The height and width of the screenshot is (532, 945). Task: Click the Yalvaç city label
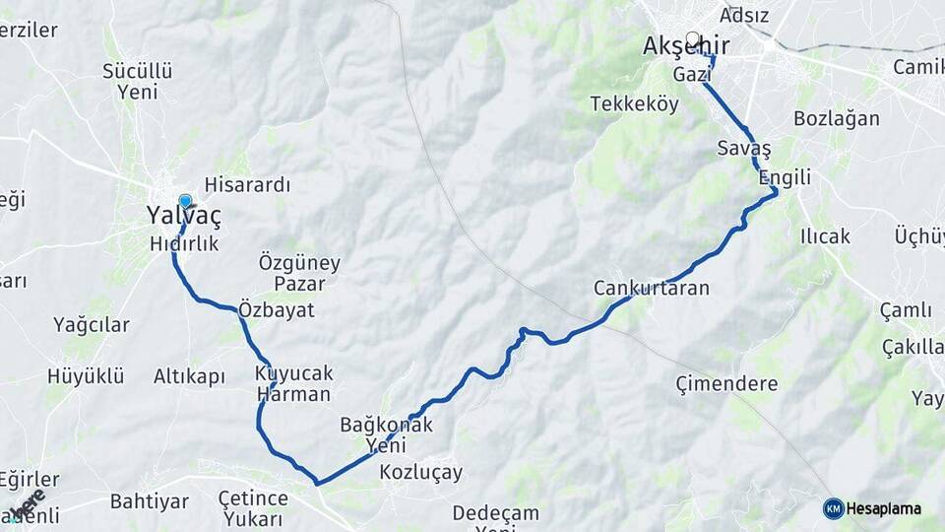point(183,215)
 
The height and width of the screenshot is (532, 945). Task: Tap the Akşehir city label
point(686,46)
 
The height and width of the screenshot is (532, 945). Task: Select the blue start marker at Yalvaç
point(185,201)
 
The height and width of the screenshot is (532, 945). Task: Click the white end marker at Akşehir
point(692,39)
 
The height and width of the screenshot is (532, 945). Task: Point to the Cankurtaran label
point(651,288)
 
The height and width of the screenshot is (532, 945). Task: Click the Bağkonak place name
point(386,425)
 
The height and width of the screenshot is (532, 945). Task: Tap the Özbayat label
point(277,309)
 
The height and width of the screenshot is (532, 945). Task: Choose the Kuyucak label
point(293,373)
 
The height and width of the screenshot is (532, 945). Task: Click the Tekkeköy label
point(634,103)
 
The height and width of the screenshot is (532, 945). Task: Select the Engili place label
point(785,177)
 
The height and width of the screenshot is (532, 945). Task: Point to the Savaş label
point(744,148)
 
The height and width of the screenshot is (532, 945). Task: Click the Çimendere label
point(726,383)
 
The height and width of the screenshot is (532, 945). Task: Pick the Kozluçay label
point(420,472)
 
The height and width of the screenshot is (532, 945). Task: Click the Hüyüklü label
point(86,375)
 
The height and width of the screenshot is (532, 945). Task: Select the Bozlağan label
point(836,118)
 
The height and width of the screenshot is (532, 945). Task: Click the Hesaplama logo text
point(883,508)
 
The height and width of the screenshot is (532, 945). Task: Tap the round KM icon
point(833,508)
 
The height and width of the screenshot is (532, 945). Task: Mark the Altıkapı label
point(189,375)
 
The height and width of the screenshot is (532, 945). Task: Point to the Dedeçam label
point(495,512)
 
